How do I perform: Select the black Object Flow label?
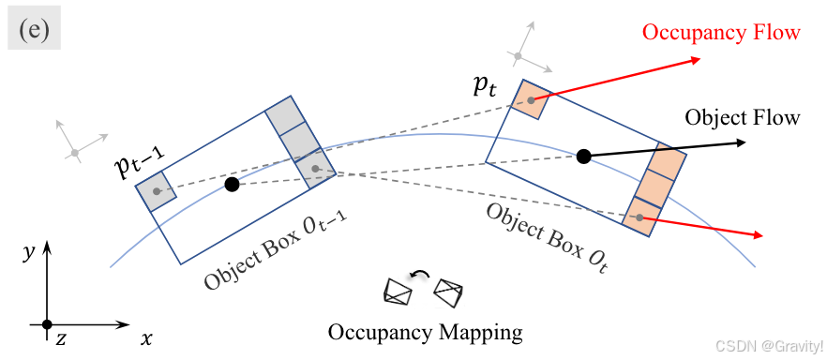click(742, 117)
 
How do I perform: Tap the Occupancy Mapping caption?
click(425, 332)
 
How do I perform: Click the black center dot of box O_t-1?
click(233, 185)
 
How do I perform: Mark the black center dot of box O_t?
click(583, 157)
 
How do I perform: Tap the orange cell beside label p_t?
click(532, 100)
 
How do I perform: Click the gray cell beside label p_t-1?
click(156, 191)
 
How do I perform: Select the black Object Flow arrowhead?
click(740, 142)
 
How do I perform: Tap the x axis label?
click(146, 338)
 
